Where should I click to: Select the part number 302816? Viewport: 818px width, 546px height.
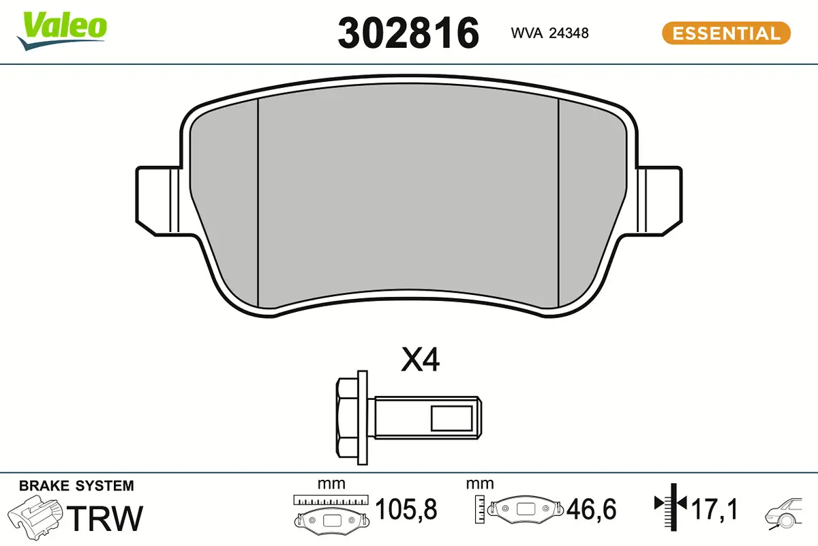408,33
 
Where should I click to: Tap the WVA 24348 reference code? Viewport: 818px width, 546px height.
549,33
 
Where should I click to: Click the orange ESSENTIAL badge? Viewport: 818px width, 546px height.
726,33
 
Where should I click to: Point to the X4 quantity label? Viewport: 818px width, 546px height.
420,360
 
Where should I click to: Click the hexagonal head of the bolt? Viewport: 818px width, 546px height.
347,418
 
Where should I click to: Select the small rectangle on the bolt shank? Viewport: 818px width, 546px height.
451,418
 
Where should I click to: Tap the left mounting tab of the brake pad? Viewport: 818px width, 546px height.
157,201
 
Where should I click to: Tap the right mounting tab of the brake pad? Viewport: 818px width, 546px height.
660,201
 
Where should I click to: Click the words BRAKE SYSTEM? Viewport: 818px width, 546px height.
76,486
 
